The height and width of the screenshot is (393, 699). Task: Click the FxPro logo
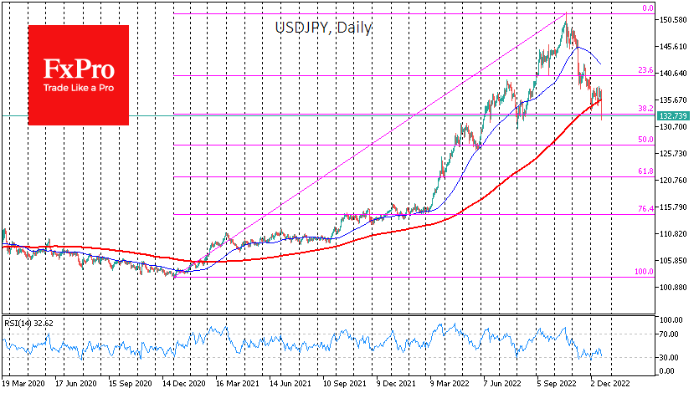(x=78, y=73)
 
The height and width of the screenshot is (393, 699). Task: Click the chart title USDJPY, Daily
(x=324, y=27)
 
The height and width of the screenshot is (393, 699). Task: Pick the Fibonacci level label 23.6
(x=645, y=71)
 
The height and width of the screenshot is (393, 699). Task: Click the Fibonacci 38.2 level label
(x=645, y=109)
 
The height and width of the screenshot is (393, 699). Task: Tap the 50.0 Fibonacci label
(x=645, y=140)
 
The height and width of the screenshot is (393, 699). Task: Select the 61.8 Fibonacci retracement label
(x=645, y=171)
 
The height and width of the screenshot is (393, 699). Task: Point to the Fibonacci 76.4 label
(x=645, y=209)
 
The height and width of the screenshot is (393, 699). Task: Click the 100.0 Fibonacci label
(x=643, y=272)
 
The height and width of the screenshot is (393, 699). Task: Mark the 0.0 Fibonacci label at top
(x=647, y=8)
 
